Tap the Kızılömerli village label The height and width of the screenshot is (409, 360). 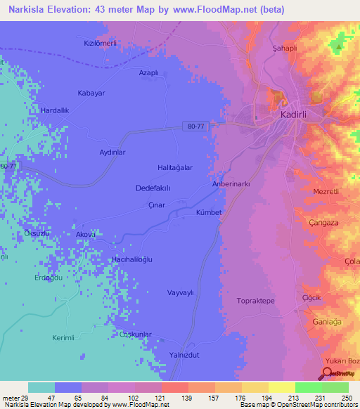point(100,43)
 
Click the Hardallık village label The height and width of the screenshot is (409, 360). point(56,110)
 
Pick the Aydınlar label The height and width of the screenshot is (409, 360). point(112,152)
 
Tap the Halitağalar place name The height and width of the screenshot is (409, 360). point(175,167)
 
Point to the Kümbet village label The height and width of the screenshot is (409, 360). point(209,212)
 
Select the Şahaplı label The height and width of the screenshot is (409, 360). point(283,48)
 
